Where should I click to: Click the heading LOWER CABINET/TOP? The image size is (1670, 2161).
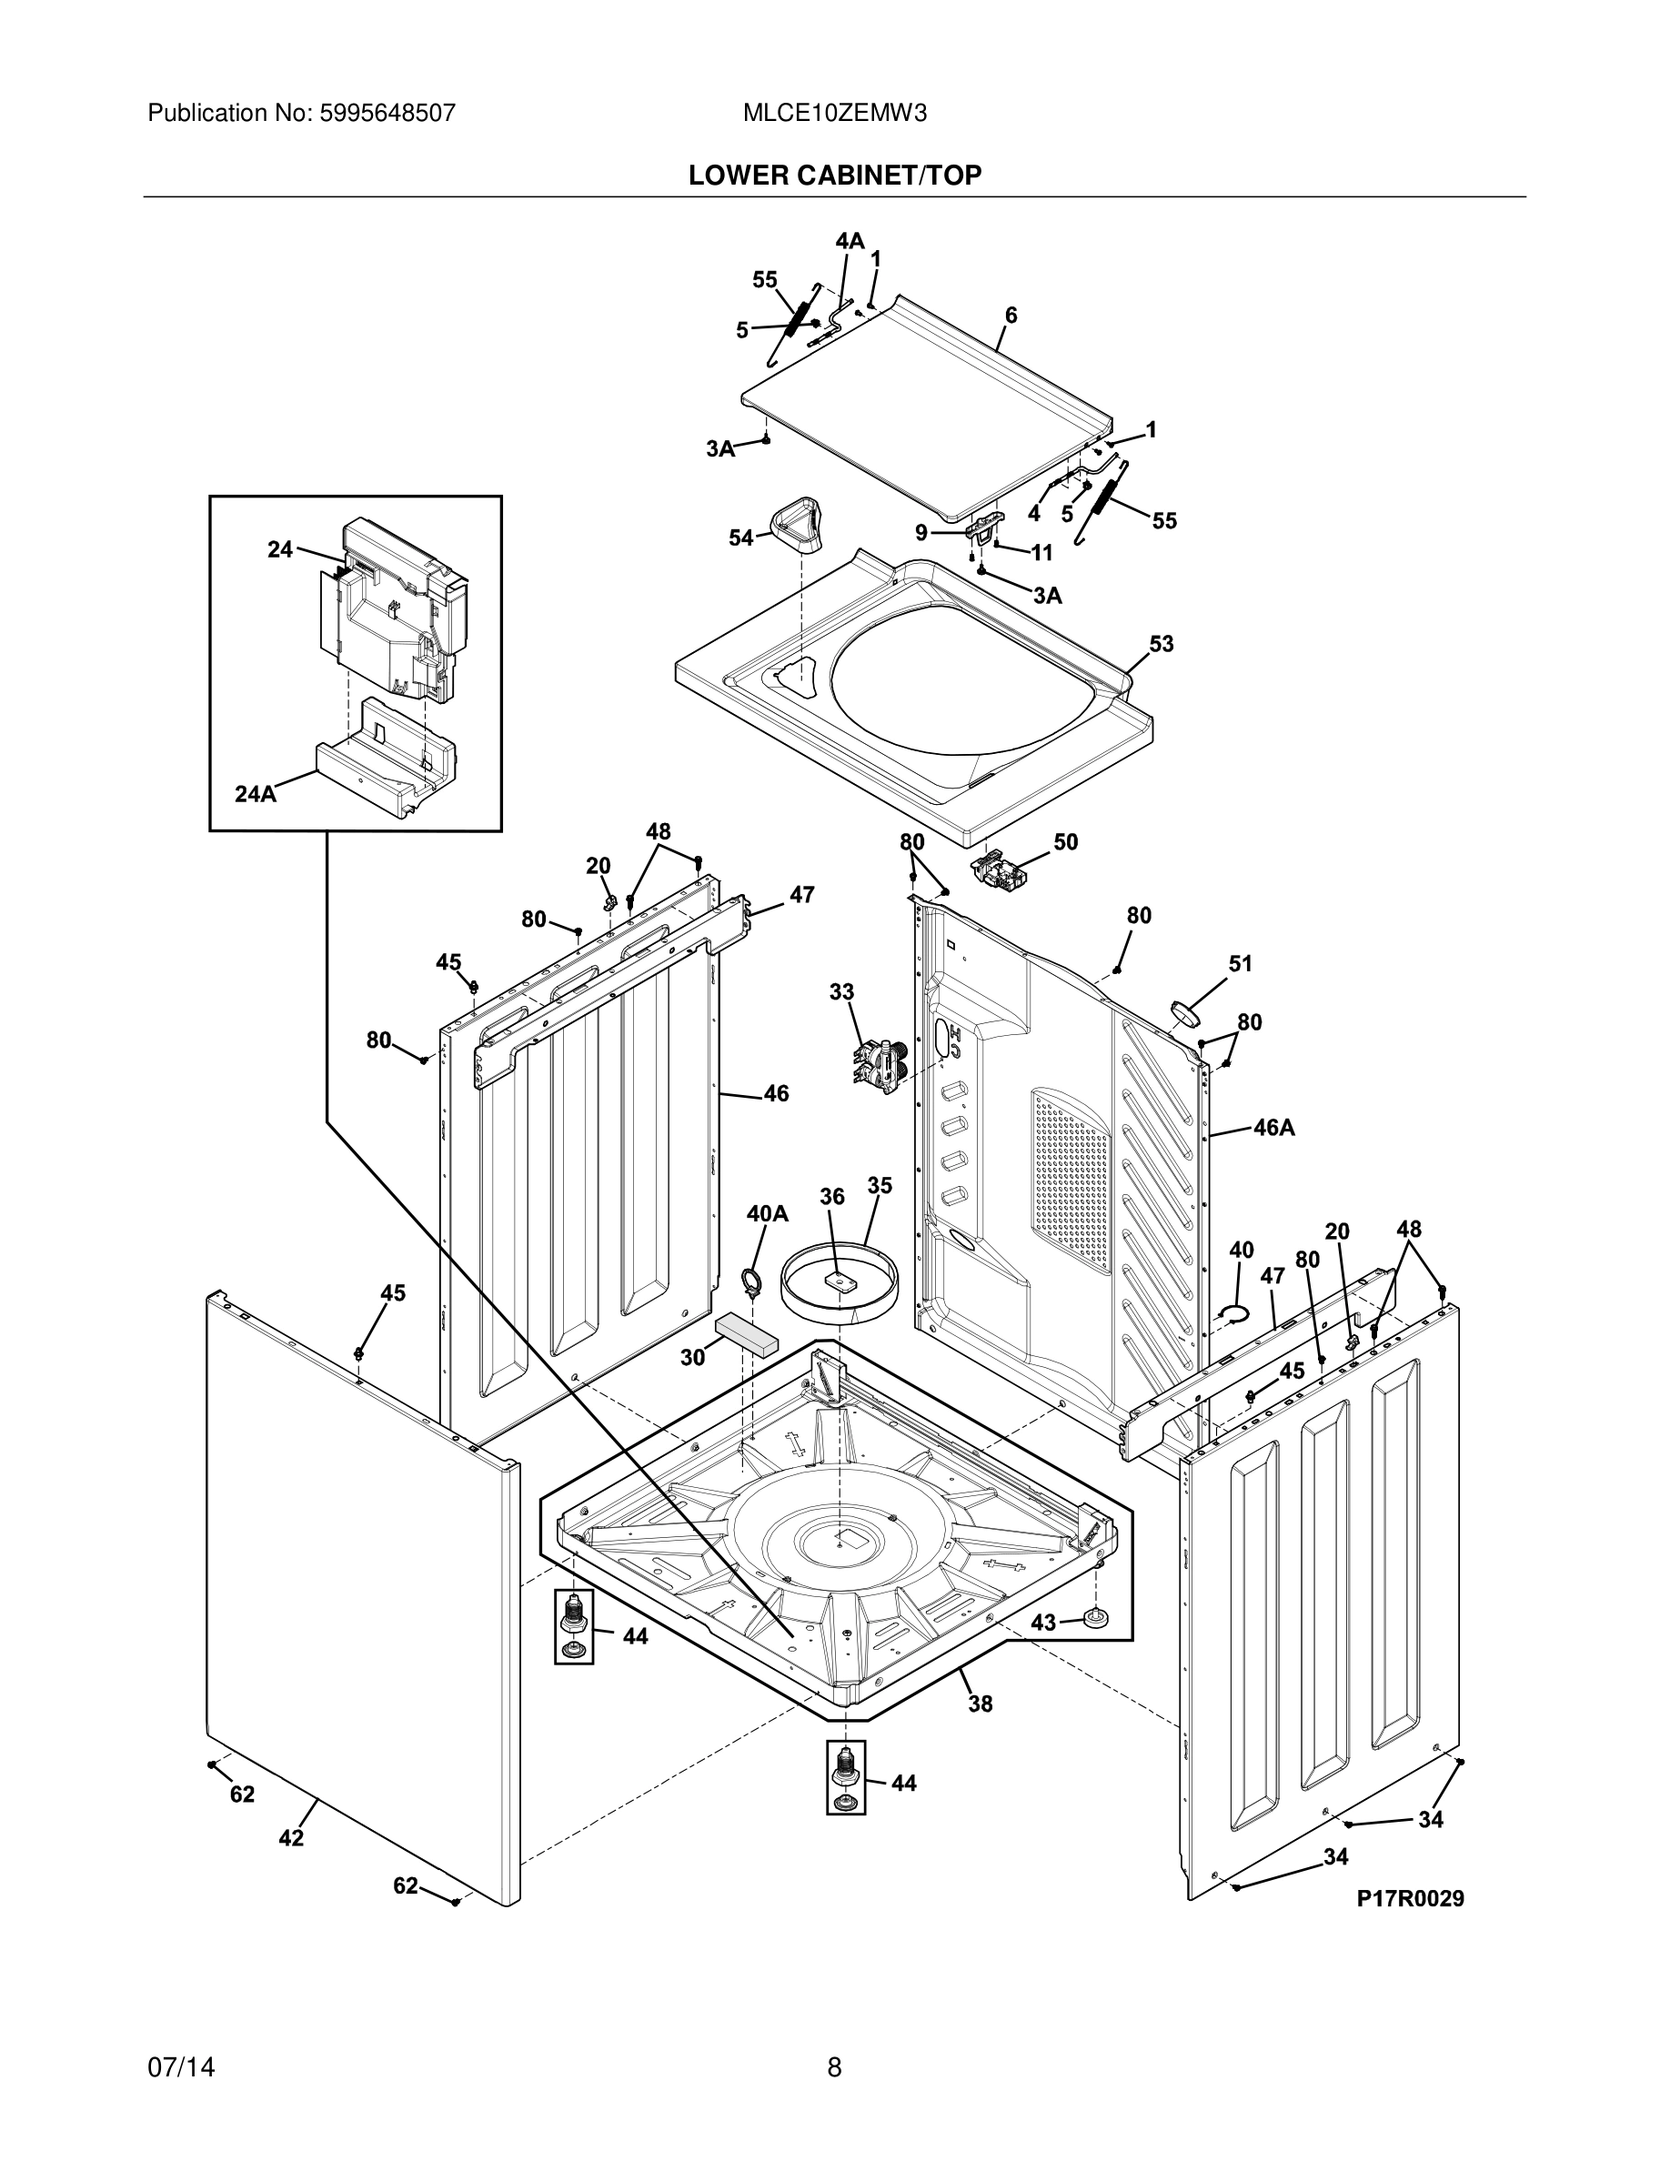click(x=834, y=176)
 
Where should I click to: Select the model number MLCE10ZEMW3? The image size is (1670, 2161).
click(x=834, y=113)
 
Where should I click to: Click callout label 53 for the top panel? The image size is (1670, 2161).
click(x=1161, y=644)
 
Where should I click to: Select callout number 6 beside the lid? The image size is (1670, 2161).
click(x=1011, y=316)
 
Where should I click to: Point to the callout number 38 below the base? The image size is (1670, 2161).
click(x=980, y=1703)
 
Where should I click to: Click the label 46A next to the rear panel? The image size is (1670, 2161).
click(x=1273, y=1128)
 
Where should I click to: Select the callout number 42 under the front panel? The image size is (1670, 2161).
click(x=291, y=1838)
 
